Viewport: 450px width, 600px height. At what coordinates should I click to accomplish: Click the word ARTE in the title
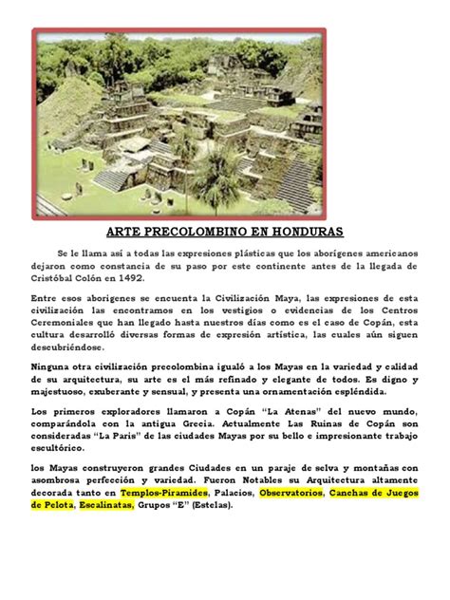pyautogui.click(x=124, y=232)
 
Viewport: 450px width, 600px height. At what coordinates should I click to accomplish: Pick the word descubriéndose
pyautogui.click(x=70, y=347)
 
